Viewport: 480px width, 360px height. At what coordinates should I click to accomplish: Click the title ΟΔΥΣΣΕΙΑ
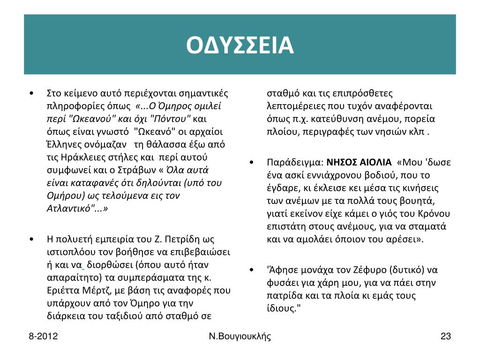[240, 45]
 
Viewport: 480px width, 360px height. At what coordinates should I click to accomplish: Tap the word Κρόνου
[435, 214]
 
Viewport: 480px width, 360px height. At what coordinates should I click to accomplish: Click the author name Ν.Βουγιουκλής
[240, 336]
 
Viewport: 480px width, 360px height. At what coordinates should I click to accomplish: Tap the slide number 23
[445, 336]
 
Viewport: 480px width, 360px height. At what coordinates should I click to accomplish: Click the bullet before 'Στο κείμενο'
[30, 93]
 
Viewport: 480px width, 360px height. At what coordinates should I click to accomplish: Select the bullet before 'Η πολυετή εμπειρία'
[30, 239]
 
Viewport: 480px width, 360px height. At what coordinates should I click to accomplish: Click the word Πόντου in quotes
[173, 118]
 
